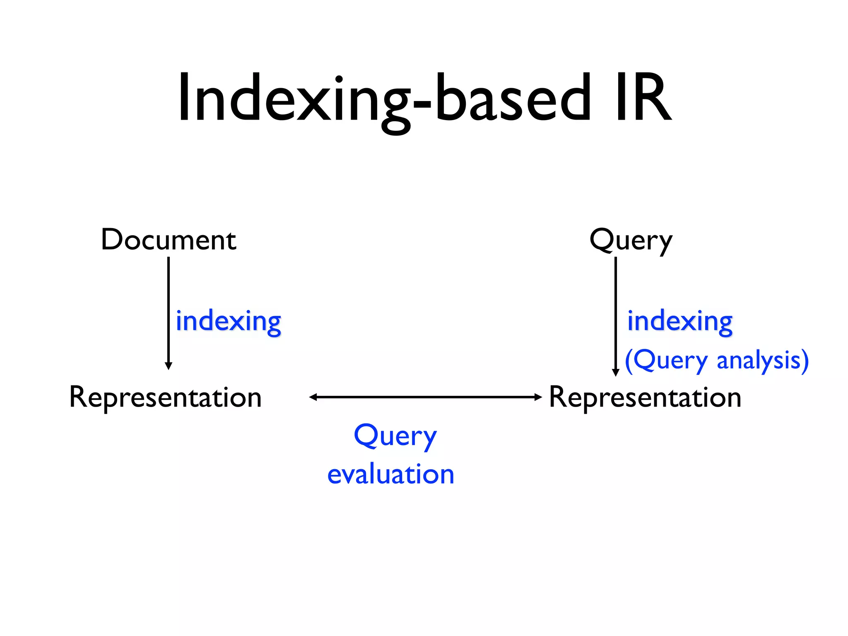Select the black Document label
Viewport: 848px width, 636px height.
[x=169, y=240]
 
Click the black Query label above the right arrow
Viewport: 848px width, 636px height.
[x=631, y=240]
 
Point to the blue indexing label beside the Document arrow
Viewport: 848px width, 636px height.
[x=228, y=321]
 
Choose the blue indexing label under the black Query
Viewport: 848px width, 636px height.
[x=679, y=321]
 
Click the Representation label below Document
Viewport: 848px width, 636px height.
[x=166, y=397]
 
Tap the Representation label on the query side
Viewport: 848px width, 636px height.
[x=645, y=397]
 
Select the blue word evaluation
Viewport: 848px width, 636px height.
[x=390, y=475]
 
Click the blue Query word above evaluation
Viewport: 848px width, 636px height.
[x=395, y=436]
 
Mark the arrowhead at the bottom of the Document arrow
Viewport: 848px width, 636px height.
[x=169, y=366]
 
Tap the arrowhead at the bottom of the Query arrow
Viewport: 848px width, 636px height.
[x=616, y=372]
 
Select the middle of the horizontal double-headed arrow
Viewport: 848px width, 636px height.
[x=426, y=397]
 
